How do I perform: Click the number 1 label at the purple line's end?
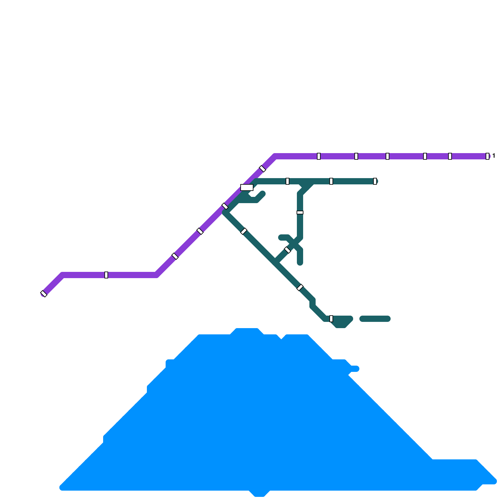click(494, 156)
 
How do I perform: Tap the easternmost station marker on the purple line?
click(487, 156)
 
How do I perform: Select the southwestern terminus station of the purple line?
click(44, 294)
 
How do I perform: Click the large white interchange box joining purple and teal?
click(247, 187)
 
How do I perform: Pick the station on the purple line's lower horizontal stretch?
click(106, 275)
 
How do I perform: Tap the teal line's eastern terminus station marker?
click(375, 181)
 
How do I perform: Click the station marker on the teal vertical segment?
click(300, 212)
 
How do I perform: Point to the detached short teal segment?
click(375, 319)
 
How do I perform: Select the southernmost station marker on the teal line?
click(331, 319)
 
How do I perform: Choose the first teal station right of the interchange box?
click(287, 181)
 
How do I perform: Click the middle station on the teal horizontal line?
click(331, 181)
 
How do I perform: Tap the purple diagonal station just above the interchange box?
click(262, 169)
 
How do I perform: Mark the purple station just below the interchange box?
click(225, 206)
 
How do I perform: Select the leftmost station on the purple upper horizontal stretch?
click(319, 156)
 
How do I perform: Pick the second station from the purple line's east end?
click(450, 156)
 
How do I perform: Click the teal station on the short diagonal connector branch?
click(287, 250)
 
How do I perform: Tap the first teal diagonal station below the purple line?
click(244, 231)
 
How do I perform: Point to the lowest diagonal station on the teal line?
click(300, 287)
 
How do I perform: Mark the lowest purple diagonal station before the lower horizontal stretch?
click(175, 256)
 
